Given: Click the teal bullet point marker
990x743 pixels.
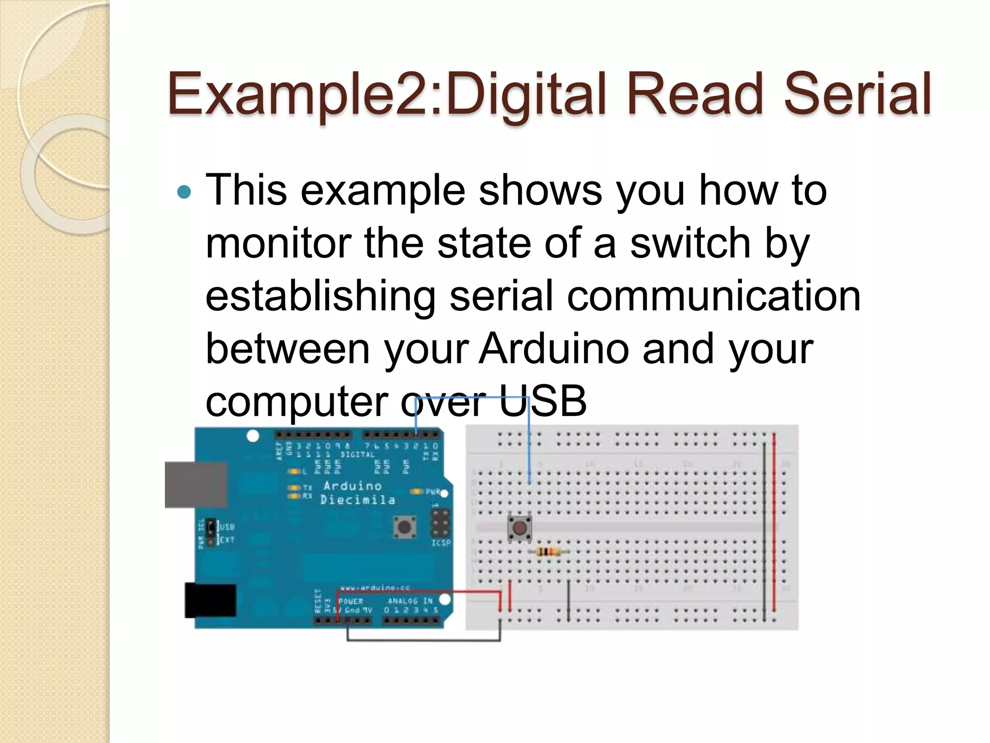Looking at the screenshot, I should (x=184, y=193).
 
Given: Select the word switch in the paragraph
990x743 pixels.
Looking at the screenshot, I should (x=690, y=243).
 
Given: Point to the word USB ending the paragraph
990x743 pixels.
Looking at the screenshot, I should (x=542, y=401).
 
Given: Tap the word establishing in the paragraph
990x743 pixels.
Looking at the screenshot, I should (x=320, y=296).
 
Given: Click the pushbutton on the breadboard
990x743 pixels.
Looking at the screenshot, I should (x=520, y=528).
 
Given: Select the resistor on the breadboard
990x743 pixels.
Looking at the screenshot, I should (x=549, y=551).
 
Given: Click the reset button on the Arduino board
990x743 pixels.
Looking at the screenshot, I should (x=405, y=526).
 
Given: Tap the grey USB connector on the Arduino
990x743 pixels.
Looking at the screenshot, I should (x=196, y=485).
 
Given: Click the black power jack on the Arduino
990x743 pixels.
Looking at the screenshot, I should (x=210, y=600).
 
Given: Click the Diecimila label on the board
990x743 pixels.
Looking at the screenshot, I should (x=358, y=500).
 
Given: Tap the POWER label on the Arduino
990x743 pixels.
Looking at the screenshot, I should (x=350, y=601).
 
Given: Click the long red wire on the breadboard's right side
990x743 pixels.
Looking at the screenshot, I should (x=774, y=522).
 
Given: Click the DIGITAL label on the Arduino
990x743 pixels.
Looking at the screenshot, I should (x=357, y=455).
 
